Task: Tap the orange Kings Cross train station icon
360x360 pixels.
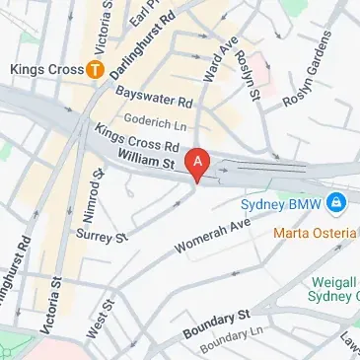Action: coord(95,69)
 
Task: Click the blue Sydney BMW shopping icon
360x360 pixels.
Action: coord(336,202)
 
